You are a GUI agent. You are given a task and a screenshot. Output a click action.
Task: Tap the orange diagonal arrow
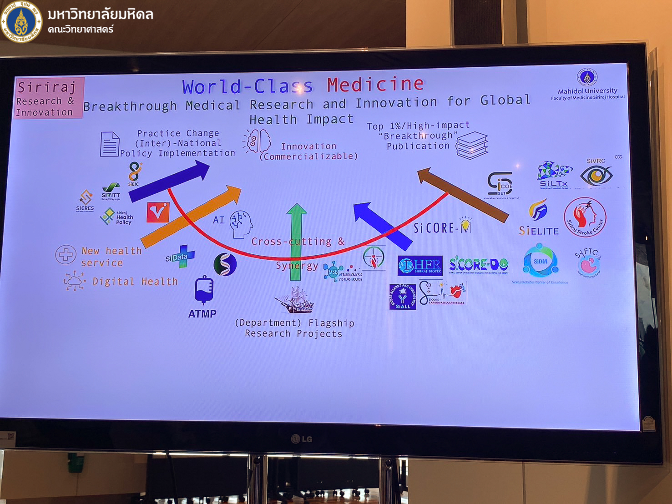click(x=191, y=216)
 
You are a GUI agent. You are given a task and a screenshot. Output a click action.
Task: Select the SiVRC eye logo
click(x=596, y=175)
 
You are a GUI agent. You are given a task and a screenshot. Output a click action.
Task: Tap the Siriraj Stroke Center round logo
click(x=585, y=217)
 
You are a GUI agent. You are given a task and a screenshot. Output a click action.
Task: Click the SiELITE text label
click(x=539, y=231)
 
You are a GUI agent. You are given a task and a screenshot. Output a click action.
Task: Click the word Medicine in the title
click(x=375, y=84)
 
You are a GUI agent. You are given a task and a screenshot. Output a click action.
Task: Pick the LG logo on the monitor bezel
click(x=302, y=439)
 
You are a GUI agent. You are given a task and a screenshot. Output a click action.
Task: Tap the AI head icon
click(x=241, y=224)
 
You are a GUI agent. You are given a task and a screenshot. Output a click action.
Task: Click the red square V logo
click(x=158, y=212)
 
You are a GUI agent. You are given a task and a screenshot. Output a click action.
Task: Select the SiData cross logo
click(x=180, y=257)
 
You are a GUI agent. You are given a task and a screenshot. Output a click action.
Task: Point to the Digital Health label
click(x=135, y=282)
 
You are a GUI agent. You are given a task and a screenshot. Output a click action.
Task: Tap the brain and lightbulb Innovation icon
click(x=257, y=141)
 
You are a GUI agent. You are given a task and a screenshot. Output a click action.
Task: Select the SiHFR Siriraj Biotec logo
click(x=419, y=266)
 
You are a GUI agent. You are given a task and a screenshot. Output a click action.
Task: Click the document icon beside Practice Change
click(x=109, y=144)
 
